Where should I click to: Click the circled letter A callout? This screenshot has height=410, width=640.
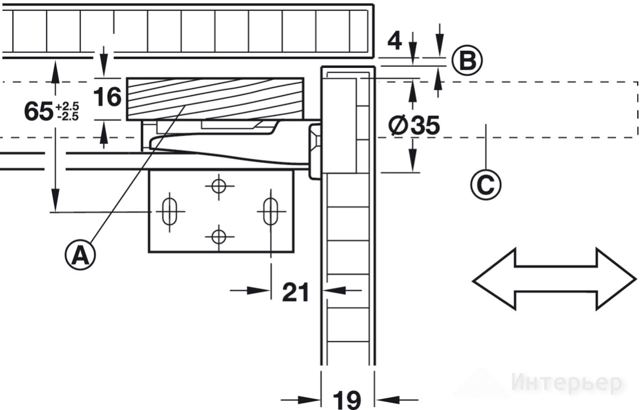click(80, 255)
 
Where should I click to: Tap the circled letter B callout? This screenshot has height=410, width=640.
click(467, 61)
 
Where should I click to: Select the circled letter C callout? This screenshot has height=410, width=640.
click(485, 184)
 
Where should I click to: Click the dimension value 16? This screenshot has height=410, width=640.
click(107, 97)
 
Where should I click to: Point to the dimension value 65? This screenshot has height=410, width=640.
click(38, 111)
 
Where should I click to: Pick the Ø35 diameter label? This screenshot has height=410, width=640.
click(414, 125)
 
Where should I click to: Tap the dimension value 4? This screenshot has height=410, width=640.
click(394, 41)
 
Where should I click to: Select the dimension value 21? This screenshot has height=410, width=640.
click(295, 292)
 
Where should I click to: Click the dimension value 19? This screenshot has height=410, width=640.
click(348, 400)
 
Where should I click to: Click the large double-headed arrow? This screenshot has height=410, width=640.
click(555, 279)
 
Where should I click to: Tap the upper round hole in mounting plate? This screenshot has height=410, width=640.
click(219, 187)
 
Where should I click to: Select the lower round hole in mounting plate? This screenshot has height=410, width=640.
click(219, 236)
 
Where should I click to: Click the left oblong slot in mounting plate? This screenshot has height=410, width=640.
click(169, 211)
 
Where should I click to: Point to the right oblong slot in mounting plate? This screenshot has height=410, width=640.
click(270, 211)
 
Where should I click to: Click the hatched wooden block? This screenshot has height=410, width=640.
click(215, 99)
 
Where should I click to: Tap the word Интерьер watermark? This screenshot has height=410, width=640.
click(567, 383)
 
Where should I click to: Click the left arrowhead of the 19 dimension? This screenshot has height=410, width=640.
click(310, 400)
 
